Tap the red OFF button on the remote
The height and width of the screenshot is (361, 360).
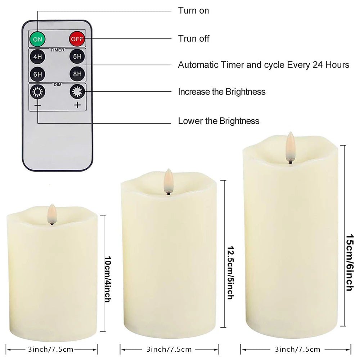pos(76,38)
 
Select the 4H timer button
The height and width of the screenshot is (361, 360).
pos(37,57)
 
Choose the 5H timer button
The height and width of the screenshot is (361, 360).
pos(77,57)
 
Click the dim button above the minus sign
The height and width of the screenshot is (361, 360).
pos(37,92)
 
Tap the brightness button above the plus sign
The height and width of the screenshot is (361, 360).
pos(77,92)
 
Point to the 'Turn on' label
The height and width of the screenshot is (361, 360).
pos(193,10)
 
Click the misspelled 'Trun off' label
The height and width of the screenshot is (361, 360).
pos(194,38)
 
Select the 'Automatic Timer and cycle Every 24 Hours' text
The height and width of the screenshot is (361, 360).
pos(264,65)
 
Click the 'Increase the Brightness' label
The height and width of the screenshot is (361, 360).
pos(222,92)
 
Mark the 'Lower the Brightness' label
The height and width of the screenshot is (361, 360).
pos(219,121)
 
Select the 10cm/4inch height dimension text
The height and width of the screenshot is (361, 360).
pos(107,279)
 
